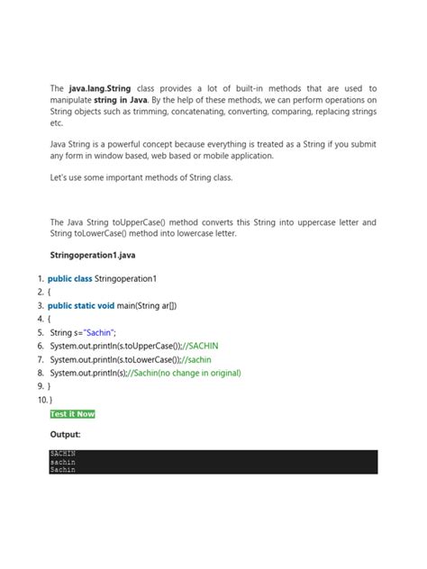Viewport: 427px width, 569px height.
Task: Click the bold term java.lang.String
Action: tap(99, 88)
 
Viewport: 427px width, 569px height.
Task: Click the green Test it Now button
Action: tap(73, 414)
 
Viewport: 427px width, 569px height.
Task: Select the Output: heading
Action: tap(66, 435)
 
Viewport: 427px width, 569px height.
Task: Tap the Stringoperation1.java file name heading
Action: tap(93, 255)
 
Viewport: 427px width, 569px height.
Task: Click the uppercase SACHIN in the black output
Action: tap(63, 454)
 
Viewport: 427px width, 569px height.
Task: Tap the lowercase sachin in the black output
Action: tap(63, 462)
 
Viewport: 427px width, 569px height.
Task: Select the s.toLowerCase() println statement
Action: tap(118, 359)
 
